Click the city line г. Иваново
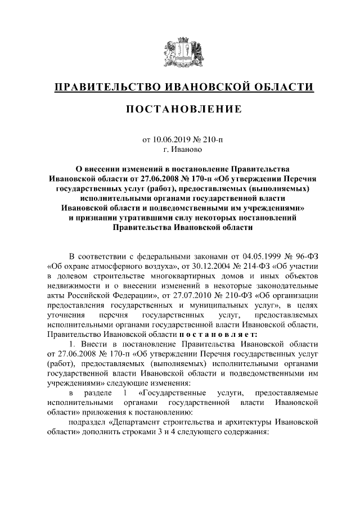click(180, 150)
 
